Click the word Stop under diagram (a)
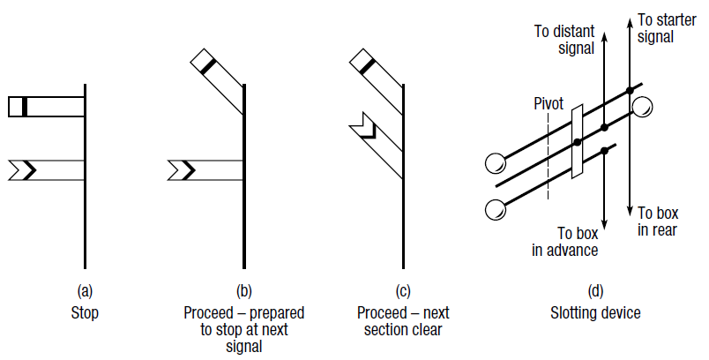click(85, 313)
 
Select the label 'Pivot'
click(548, 104)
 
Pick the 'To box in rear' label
click(658, 221)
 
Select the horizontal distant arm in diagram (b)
click(205, 170)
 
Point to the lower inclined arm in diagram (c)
click(377, 146)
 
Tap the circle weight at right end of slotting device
click(643, 107)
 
